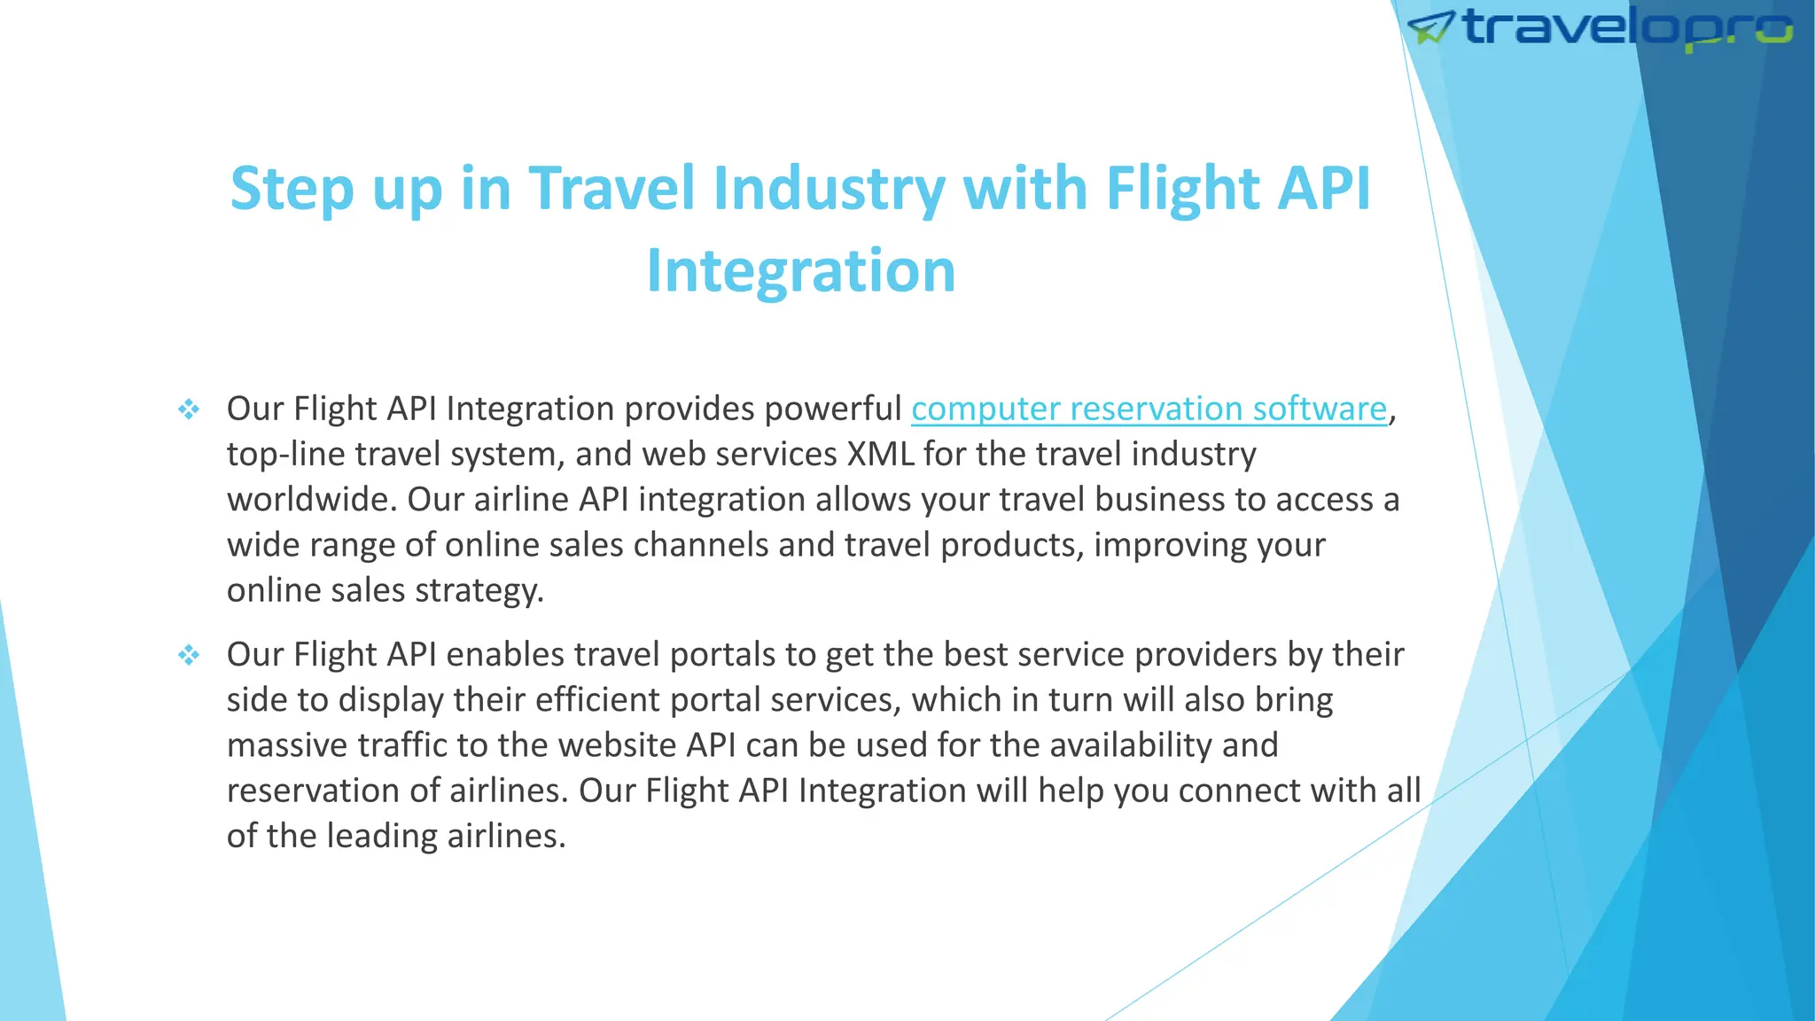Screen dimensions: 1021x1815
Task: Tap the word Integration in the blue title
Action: click(801, 270)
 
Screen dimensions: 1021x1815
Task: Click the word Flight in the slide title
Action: click(1182, 189)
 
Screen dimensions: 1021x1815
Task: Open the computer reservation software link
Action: click(1149, 409)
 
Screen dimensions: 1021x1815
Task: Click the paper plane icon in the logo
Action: click(1430, 28)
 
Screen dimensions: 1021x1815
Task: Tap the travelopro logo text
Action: click(1627, 28)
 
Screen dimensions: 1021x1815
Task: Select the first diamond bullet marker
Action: click(189, 409)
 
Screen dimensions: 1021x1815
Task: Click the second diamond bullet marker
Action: click(189, 655)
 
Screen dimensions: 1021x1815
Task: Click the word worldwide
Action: click(310, 500)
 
